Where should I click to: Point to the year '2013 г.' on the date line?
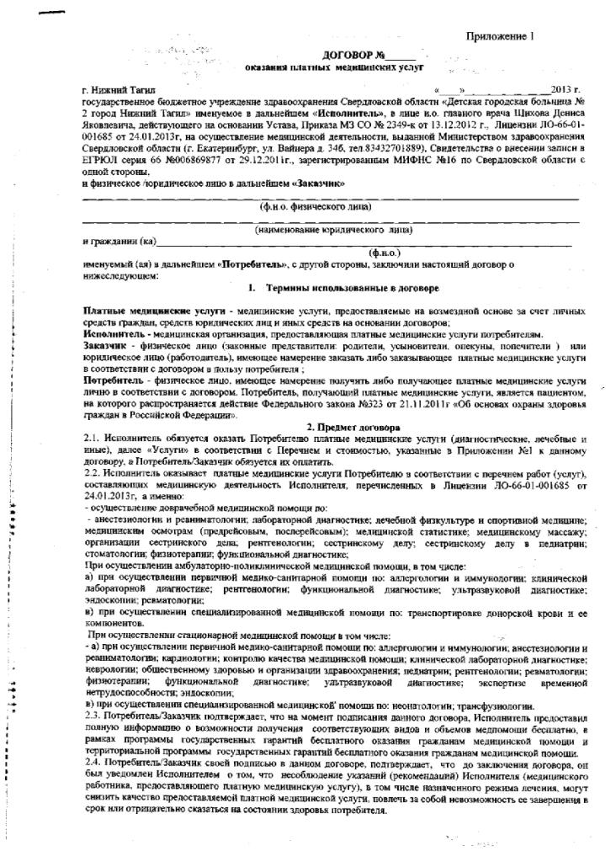tap(566, 89)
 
